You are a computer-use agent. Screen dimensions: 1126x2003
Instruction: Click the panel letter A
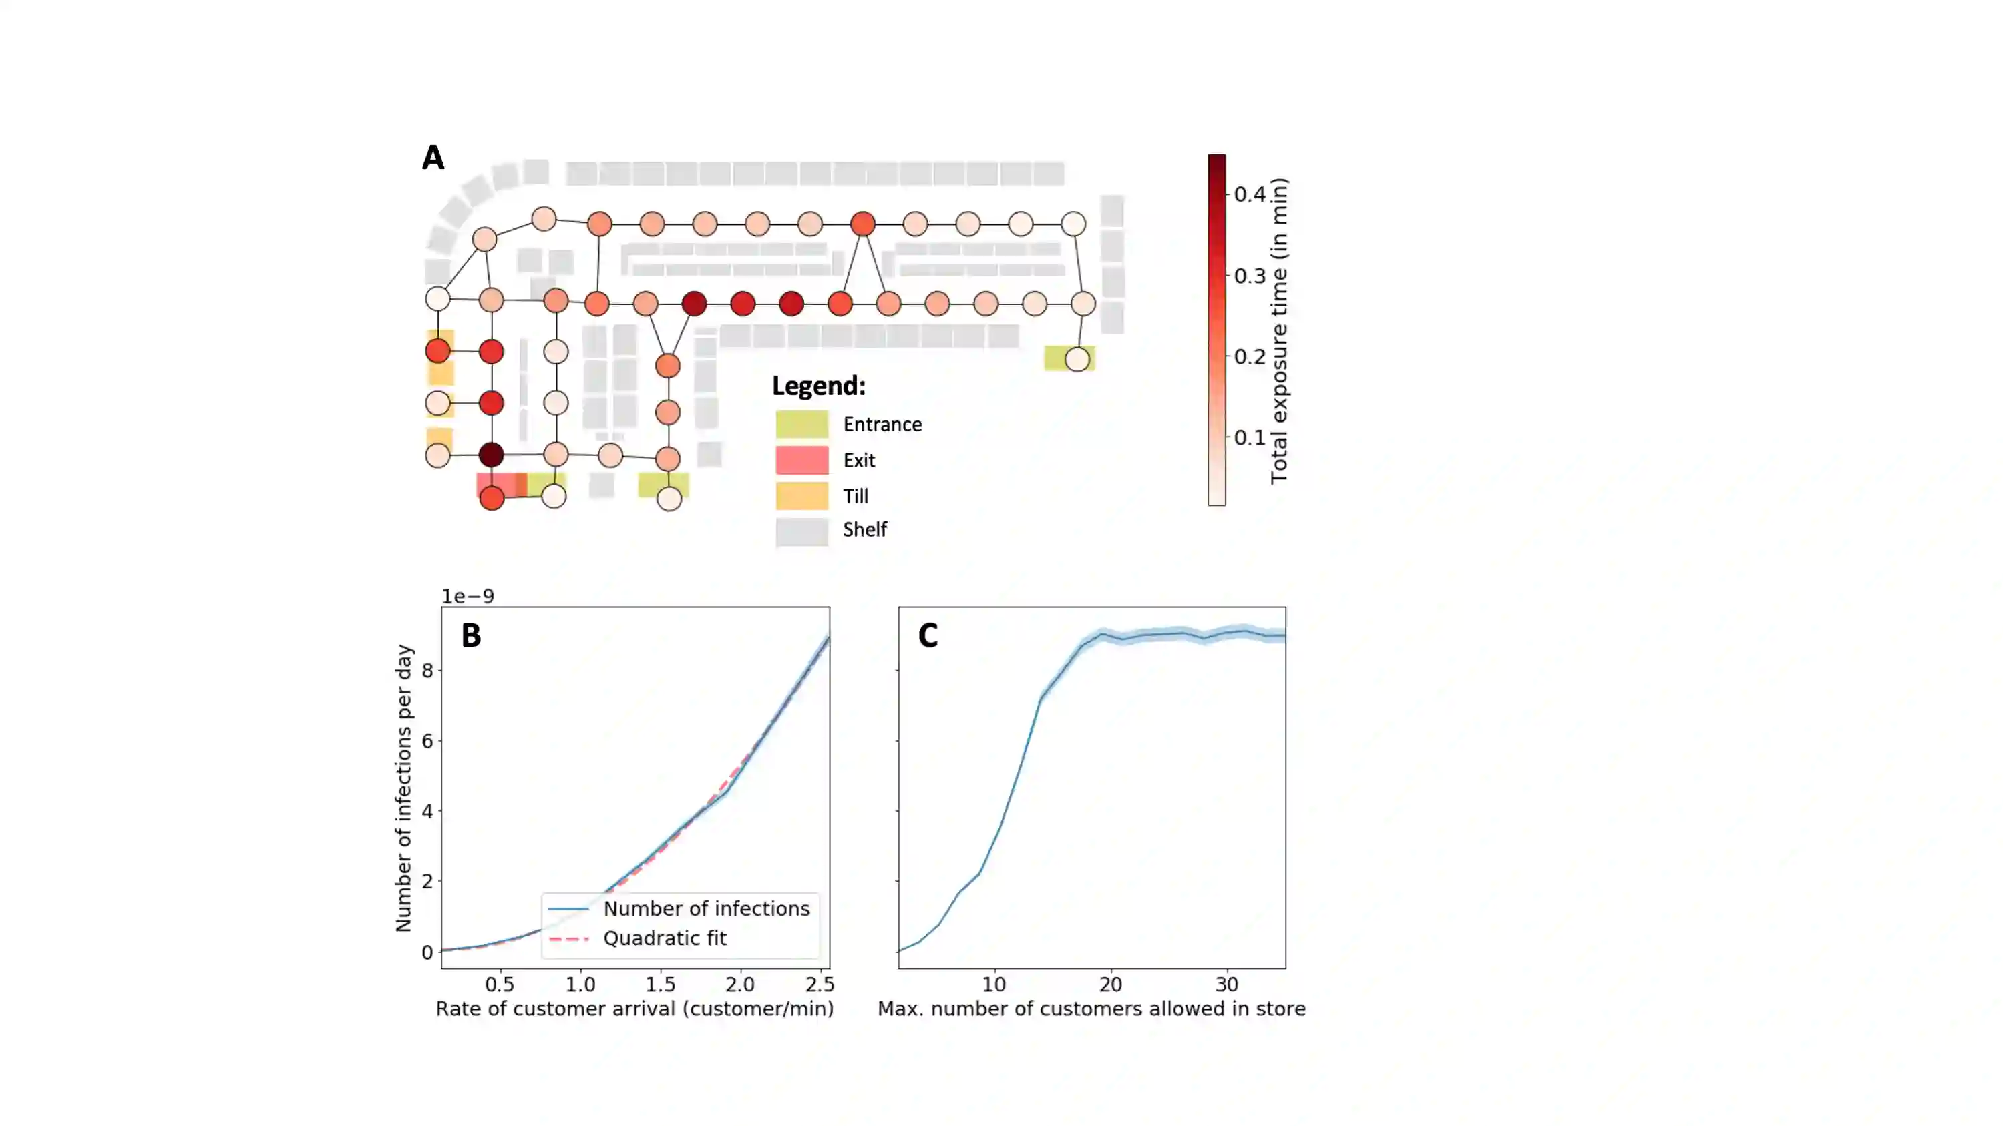(x=433, y=158)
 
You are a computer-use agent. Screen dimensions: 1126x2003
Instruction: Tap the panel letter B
(x=472, y=635)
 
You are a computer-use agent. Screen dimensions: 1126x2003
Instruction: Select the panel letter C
(x=928, y=635)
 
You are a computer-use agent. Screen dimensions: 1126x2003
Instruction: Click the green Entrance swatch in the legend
(x=801, y=425)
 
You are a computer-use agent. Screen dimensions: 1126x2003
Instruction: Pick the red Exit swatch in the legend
(x=801, y=460)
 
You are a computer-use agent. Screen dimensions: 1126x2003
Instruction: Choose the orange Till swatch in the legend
(x=801, y=496)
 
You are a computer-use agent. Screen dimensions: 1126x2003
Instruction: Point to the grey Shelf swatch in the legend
(x=801, y=531)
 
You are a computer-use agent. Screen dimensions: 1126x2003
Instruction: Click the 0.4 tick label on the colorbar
(x=1250, y=194)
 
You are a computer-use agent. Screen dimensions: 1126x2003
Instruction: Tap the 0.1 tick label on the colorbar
(x=1250, y=437)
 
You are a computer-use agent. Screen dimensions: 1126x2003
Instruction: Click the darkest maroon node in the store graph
(x=491, y=455)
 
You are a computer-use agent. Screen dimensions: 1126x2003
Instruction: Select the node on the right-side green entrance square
(x=1077, y=359)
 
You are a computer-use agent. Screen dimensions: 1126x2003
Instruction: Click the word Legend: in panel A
(x=818, y=386)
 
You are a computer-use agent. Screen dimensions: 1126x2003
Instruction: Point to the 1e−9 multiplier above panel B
(x=468, y=596)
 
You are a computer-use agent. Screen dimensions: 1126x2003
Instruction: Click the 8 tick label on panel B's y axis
(x=427, y=670)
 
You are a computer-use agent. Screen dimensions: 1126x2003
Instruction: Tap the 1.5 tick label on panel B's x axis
(x=660, y=984)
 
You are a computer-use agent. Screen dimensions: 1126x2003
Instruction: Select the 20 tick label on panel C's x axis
(x=1110, y=984)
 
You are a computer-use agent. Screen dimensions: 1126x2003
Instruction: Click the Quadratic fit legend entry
(x=664, y=938)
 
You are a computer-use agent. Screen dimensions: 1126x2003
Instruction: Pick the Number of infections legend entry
(x=706, y=908)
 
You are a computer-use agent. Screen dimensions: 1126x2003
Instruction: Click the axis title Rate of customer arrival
(x=634, y=1009)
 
